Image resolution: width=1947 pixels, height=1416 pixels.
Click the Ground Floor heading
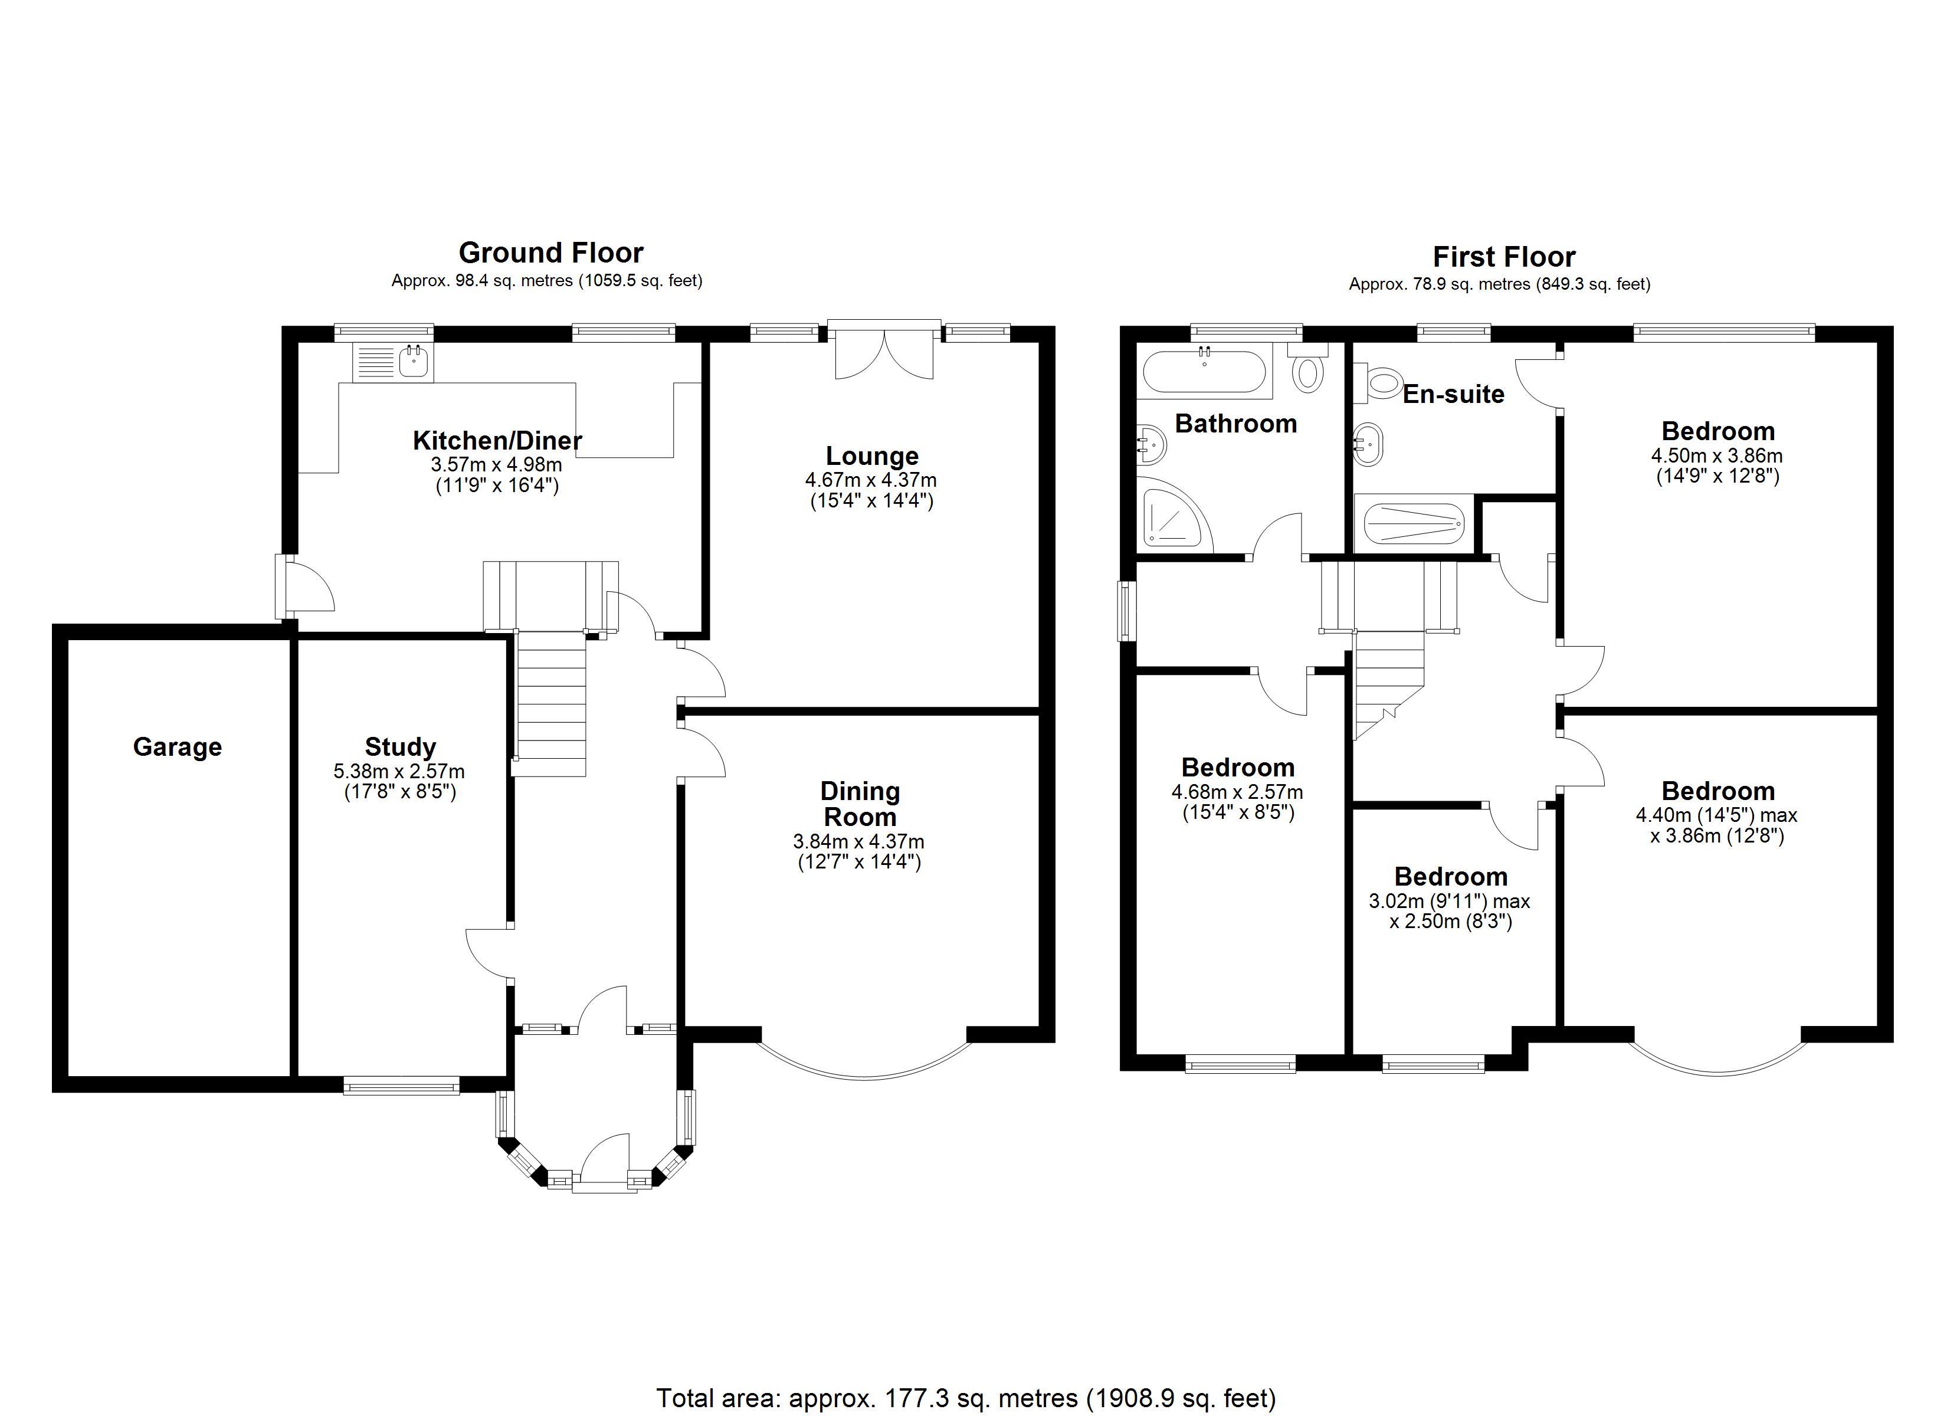pyautogui.click(x=550, y=253)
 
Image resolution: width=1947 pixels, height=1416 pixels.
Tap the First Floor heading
pyautogui.click(x=1503, y=257)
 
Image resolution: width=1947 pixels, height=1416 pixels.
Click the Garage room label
pyautogui.click(x=177, y=747)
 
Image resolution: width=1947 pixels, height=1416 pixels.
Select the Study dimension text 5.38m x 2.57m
pyautogui.click(x=399, y=771)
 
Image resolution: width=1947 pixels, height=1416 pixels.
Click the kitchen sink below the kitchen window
pyautogui.click(x=414, y=362)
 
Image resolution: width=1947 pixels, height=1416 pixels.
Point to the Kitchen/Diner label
pyautogui.click(x=497, y=441)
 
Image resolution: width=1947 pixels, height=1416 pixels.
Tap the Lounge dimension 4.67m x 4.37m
pyautogui.click(x=870, y=480)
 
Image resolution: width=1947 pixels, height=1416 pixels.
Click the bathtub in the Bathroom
pyautogui.click(x=1204, y=372)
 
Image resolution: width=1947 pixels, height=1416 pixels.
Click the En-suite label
pyautogui.click(x=1453, y=394)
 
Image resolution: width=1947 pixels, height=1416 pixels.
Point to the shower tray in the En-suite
pyautogui.click(x=1413, y=523)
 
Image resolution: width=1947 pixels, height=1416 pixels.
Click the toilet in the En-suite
pyautogui.click(x=1381, y=382)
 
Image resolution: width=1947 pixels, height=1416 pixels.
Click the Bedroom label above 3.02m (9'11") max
pyautogui.click(x=1450, y=876)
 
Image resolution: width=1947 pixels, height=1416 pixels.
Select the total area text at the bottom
pyautogui.click(x=966, y=1397)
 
